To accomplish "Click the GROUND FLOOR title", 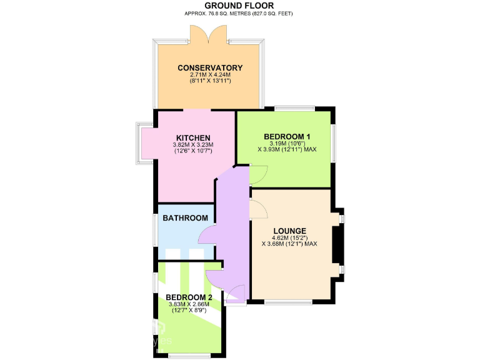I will pos(239,6).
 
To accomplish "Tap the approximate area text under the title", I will pos(239,13).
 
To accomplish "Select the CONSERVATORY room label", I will pos(209,68).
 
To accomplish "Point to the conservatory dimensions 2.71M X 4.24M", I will pos(209,75).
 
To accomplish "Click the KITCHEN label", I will pos(192,138).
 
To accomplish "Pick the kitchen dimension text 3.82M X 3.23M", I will pos(192,145).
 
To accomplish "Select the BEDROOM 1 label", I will pos(287,136).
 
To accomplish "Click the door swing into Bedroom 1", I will pos(258,174).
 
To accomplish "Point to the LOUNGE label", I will pos(289,231).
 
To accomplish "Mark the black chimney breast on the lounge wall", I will pos(336,244).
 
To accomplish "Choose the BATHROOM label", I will pos(185,218).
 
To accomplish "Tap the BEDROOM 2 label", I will pos(189,297).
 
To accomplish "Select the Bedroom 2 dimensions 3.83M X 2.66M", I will pos(189,304).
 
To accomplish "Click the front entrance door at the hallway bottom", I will pos(235,295).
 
